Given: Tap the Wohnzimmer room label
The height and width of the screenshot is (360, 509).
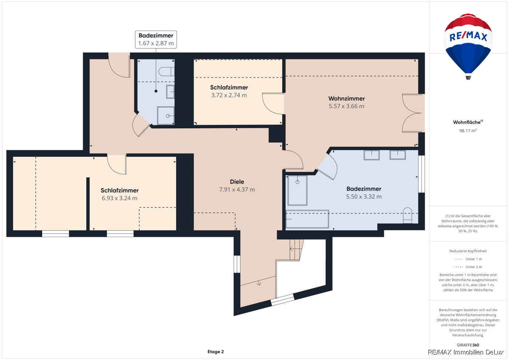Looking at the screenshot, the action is (x=347, y=98).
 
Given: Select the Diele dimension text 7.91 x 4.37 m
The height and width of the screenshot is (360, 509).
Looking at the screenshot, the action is (x=237, y=189).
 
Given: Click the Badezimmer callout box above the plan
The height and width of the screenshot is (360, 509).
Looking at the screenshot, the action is (x=156, y=39).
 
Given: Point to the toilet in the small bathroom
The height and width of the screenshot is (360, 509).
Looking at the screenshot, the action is (x=167, y=71).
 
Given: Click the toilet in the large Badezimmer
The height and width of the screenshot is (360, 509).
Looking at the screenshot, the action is (x=407, y=215).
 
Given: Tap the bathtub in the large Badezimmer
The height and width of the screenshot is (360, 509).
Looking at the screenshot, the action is (x=307, y=219).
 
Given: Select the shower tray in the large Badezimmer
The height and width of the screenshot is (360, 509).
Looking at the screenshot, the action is (x=297, y=190).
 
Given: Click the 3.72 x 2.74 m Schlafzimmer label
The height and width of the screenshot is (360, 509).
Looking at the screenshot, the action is (x=229, y=91).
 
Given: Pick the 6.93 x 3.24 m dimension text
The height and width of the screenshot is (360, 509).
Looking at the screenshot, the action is (x=120, y=198).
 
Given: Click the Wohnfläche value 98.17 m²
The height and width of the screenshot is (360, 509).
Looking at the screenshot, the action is (x=468, y=130).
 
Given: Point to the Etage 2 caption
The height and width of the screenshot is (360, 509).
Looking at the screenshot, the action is (x=215, y=352).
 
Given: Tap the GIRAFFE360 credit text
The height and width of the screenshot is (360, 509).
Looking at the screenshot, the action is (x=468, y=345).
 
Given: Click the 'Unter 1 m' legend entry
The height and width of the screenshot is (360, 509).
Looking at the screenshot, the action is (x=468, y=259).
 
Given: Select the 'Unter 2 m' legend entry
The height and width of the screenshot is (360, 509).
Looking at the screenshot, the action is (x=468, y=267).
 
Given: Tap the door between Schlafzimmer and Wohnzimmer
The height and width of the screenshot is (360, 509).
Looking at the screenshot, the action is (x=273, y=104).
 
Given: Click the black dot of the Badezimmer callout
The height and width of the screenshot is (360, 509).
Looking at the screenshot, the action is (x=156, y=91).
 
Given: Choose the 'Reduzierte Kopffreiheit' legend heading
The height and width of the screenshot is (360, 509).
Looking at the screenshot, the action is (x=468, y=251).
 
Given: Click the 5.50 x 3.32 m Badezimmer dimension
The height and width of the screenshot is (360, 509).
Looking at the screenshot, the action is (x=364, y=197).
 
